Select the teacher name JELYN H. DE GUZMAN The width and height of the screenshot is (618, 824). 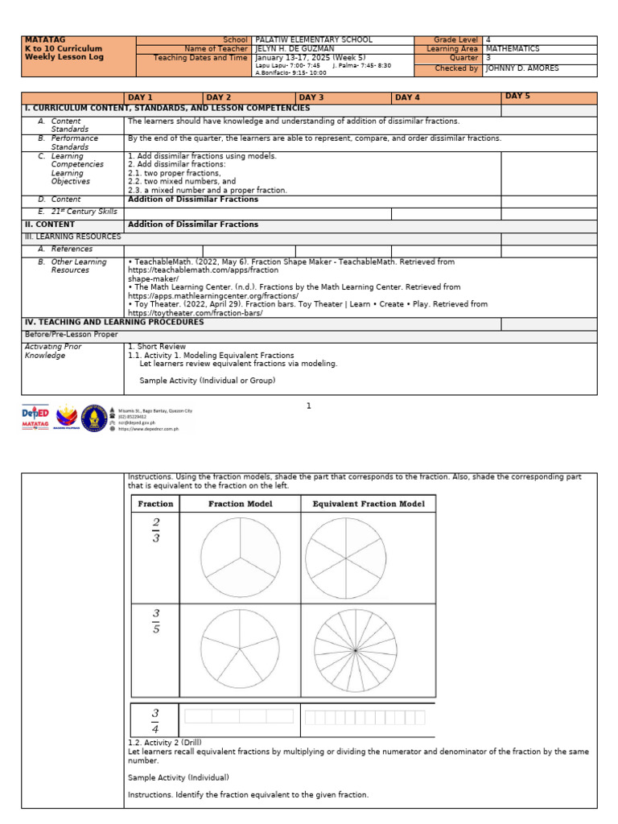[295, 49]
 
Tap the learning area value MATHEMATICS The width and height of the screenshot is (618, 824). [513, 49]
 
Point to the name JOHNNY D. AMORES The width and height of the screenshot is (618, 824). [523, 68]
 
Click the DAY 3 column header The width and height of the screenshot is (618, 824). [311, 98]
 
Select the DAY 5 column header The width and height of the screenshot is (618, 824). [517, 97]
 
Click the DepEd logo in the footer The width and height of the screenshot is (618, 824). [35, 417]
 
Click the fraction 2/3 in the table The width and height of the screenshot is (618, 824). [155, 531]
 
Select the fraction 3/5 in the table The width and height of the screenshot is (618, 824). [155, 622]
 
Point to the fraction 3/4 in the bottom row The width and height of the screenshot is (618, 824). [155, 719]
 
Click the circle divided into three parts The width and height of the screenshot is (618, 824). [240, 557]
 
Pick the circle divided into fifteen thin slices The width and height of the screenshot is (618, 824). [354, 650]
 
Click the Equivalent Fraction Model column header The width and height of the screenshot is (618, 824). [368, 504]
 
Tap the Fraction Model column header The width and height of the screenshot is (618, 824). [240, 504]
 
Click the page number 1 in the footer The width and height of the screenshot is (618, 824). [308, 406]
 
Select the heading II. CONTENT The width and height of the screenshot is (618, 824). [50, 225]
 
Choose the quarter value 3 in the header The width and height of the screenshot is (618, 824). [488, 59]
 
